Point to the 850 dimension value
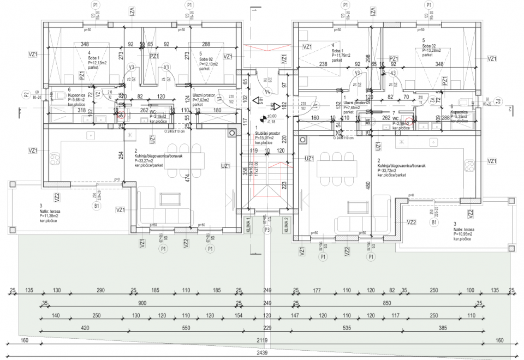[388, 303]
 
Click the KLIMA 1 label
[248, 224]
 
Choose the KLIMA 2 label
[285, 224]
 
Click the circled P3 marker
[267, 230]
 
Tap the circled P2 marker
[26, 95]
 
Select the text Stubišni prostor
[267, 133]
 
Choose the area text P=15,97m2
[267, 138]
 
